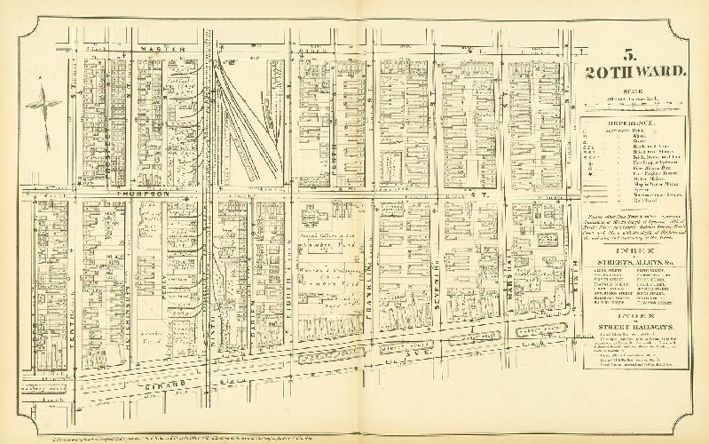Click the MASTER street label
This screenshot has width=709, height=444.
[170, 48]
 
